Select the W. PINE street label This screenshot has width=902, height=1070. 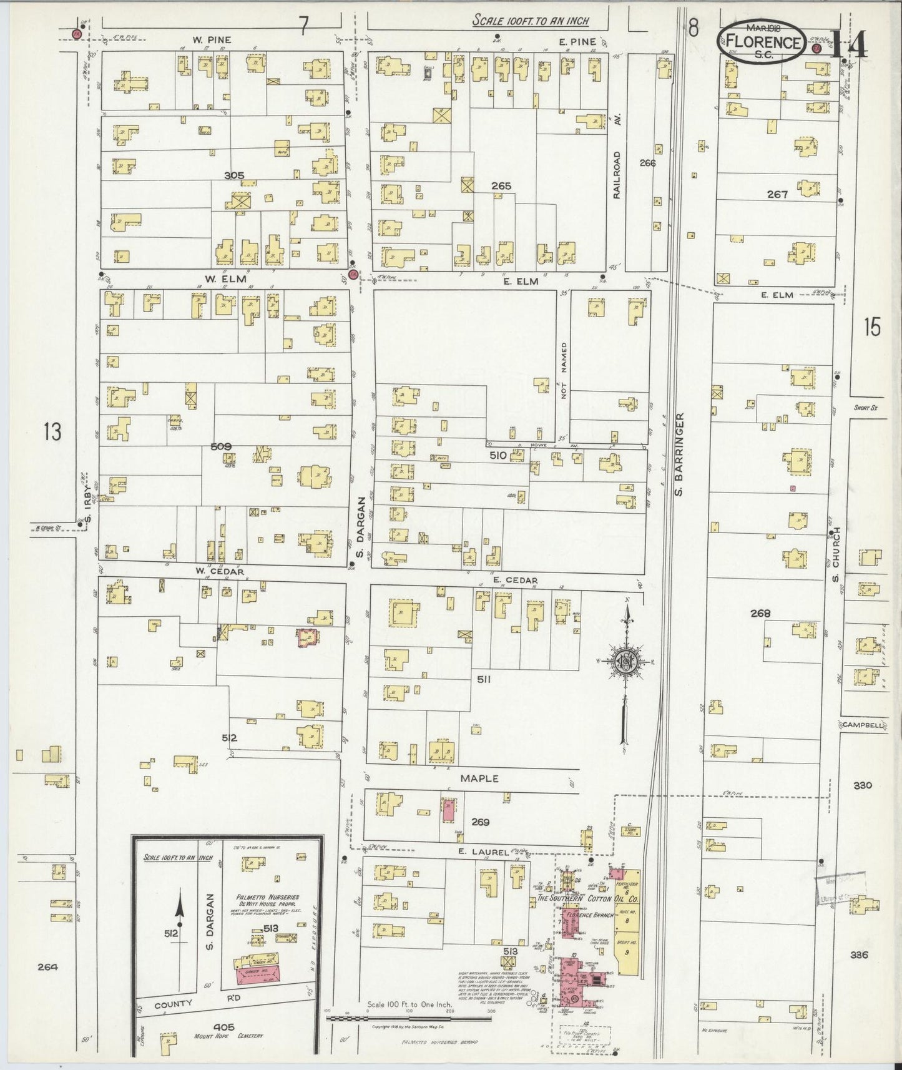tap(212, 40)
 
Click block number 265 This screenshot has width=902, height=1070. tap(501, 185)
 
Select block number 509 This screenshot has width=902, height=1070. tap(222, 446)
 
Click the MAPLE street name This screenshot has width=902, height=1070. tap(479, 778)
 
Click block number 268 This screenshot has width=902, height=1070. tap(760, 613)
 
